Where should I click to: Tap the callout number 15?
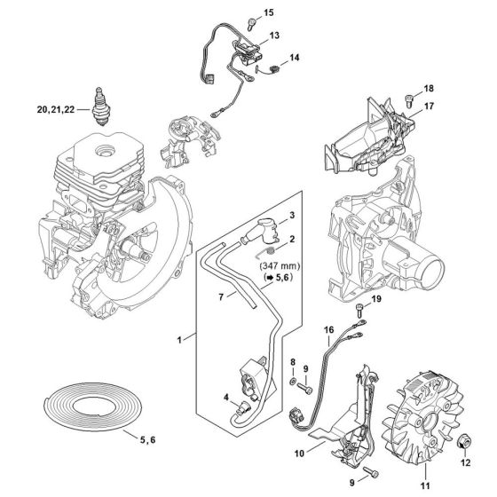click(269, 12)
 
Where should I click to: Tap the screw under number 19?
click(359, 310)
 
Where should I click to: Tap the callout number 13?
click(274, 35)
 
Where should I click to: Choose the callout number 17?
click(428, 106)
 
